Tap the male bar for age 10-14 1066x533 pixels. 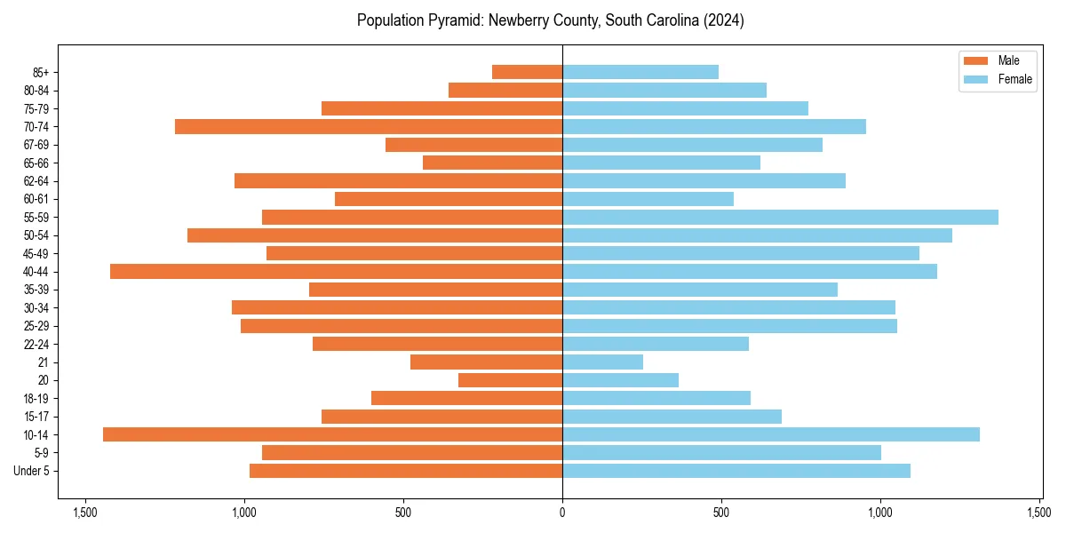332,434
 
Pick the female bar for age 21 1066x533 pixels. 602,362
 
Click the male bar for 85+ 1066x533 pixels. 527,72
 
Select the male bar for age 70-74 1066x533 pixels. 369,126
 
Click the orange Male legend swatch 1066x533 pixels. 975,60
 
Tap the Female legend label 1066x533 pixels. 1014,79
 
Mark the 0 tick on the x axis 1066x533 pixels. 562,513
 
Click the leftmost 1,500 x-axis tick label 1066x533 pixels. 85,513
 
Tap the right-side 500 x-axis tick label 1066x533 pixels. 721,513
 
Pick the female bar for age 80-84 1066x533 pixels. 664,90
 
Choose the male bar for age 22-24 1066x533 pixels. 437,344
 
